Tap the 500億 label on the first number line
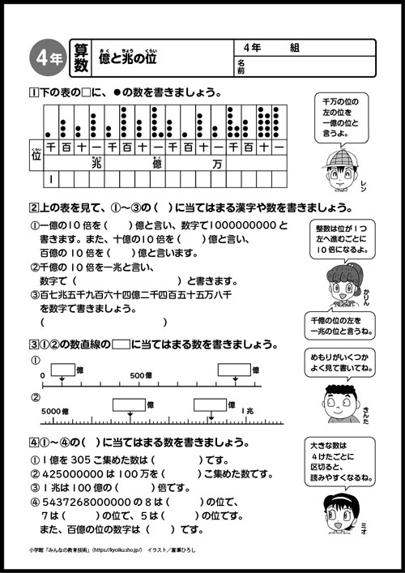pos(139,376)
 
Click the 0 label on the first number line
pos(42,376)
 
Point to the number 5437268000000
pos(88,502)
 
